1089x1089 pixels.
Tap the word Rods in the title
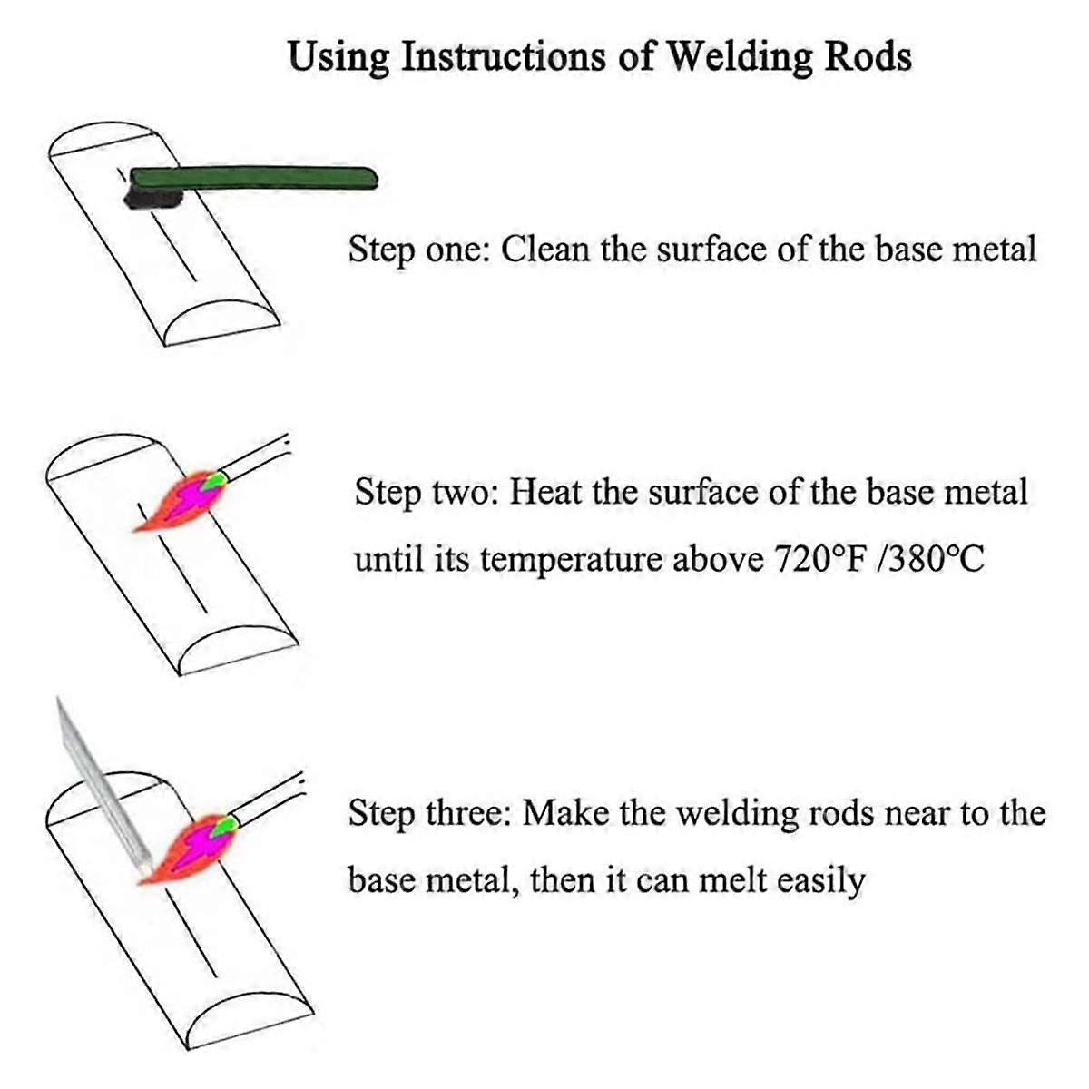click(x=868, y=56)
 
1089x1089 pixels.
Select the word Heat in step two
click(x=544, y=492)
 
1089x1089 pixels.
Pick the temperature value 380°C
click(x=935, y=559)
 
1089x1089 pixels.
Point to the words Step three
click(x=430, y=813)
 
